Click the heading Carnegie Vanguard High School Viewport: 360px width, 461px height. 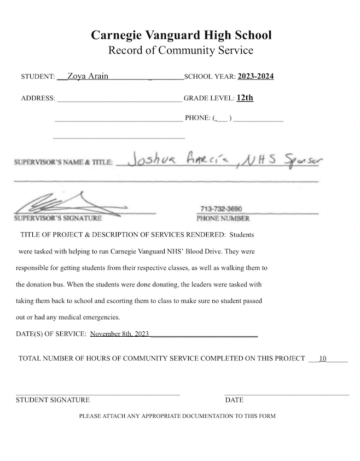pos(181,36)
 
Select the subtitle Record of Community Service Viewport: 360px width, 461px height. pos(181,51)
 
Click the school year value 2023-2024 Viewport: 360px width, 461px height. pos(256,76)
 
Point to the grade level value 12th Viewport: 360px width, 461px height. pos(245,98)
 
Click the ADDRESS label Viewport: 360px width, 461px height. pos(38,99)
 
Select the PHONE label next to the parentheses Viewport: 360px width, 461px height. pos(198,118)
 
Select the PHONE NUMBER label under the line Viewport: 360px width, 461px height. pos(223,218)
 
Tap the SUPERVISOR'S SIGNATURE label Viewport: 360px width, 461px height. pos(57,218)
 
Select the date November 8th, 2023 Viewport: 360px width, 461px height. pos(119,333)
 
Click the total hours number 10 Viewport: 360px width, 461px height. pos(323,359)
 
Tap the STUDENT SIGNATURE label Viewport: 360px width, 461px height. pos(53,400)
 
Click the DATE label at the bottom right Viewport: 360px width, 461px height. pos(234,400)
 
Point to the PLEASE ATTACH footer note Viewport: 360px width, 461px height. pos(177,416)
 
